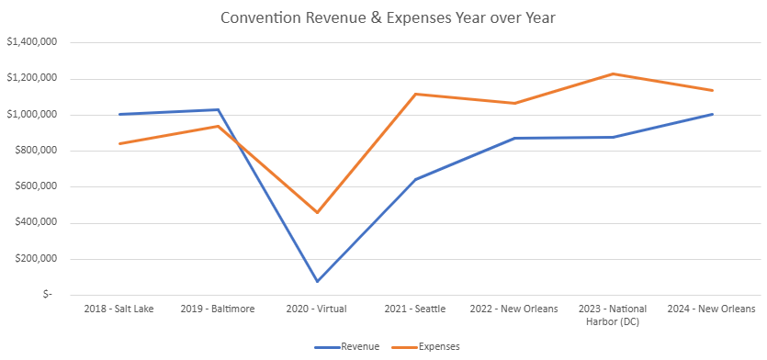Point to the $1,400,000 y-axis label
coord(32,42)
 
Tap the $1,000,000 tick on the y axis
coord(32,115)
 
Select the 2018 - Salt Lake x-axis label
coord(118,309)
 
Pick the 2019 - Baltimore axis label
coord(218,309)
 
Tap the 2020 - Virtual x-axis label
coord(317,309)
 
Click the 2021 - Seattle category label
coord(416,309)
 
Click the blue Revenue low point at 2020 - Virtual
coord(317,281)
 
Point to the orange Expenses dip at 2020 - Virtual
coord(317,212)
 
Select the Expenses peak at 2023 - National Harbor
coord(614,73)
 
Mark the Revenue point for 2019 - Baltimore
coord(218,109)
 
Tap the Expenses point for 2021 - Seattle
coord(416,94)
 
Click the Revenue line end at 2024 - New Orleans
coord(713,114)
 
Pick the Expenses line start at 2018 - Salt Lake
coord(119,143)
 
